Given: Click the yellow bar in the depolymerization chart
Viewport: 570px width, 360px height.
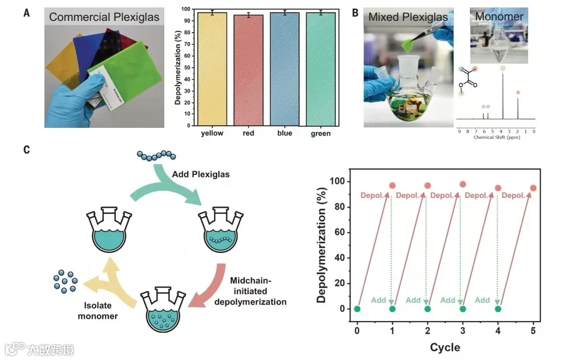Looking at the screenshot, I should pos(212,68).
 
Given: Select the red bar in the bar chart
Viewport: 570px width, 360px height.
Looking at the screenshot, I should pos(249,70).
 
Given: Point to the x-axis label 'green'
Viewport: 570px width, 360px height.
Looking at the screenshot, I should pos(321,133).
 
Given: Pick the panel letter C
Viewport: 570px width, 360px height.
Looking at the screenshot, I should pos(27,150).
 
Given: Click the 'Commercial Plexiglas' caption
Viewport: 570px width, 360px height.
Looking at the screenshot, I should pos(104,17).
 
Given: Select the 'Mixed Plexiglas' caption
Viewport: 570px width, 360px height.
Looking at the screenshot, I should pos(408,17).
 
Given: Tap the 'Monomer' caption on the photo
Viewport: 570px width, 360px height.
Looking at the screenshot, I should pos(499,17).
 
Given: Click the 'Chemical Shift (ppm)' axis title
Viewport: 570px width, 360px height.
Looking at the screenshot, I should pos(497,137).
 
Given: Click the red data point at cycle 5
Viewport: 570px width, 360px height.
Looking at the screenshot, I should pos(533,188).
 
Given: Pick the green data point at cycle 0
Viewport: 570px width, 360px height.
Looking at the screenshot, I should pos(358,309).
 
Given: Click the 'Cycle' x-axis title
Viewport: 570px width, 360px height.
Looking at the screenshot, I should pos(445,347).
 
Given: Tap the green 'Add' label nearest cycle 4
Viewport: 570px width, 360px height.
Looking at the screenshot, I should pos(482,300).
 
